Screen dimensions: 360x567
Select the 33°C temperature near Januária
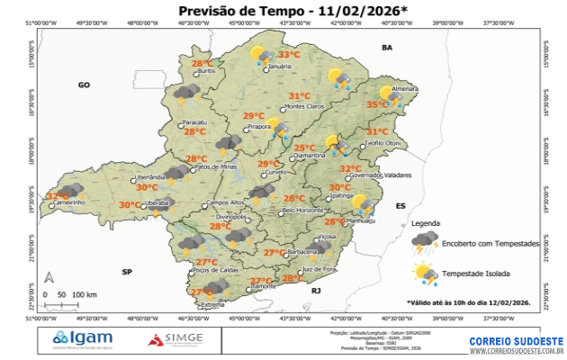pos(289,55)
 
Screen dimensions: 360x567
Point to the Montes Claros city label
pos(303,107)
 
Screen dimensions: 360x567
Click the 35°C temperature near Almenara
pos(377,105)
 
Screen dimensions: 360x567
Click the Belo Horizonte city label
pos(302,210)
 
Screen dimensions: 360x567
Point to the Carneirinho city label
pos(69,202)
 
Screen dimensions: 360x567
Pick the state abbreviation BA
pos(388,47)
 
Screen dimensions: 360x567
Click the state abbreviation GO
pos(85,85)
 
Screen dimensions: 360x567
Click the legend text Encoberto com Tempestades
pos(490,244)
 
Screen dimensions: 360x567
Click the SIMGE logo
pos(178,339)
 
